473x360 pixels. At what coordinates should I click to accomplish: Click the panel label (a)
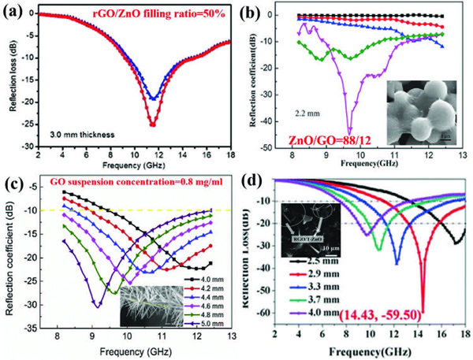17,12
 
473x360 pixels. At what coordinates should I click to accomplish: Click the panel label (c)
17,186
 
